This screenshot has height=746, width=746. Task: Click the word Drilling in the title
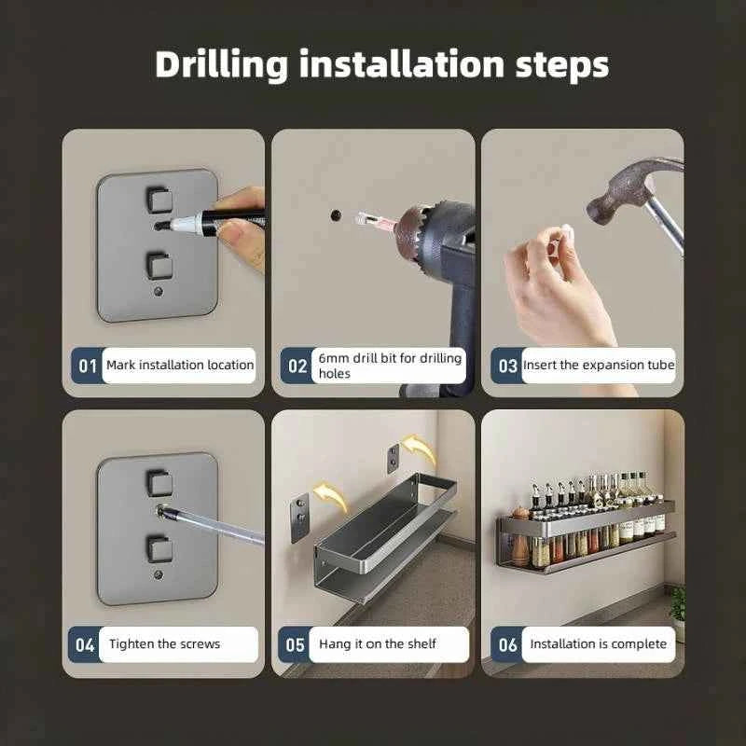pyautogui.click(x=221, y=65)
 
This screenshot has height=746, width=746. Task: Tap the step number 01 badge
pyautogui.click(x=87, y=366)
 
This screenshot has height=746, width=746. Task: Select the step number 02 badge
pyautogui.click(x=297, y=366)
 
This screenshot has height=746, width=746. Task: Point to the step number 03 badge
pyautogui.click(x=507, y=366)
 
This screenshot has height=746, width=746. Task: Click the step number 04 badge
pyautogui.click(x=84, y=644)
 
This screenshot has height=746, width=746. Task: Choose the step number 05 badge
pyautogui.click(x=295, y=644)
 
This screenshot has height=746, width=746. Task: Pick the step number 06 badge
pyautogui.click(x=507, y=644)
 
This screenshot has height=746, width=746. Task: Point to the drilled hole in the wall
pyautogui.click(x=336, y=215)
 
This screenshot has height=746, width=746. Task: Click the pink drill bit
pyautogui.click(x=376, y=220)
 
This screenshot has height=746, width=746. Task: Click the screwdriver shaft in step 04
pyautogui.click(x=214, y=525)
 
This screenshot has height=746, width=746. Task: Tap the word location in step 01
pyautogui.click(x=230, y=366)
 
